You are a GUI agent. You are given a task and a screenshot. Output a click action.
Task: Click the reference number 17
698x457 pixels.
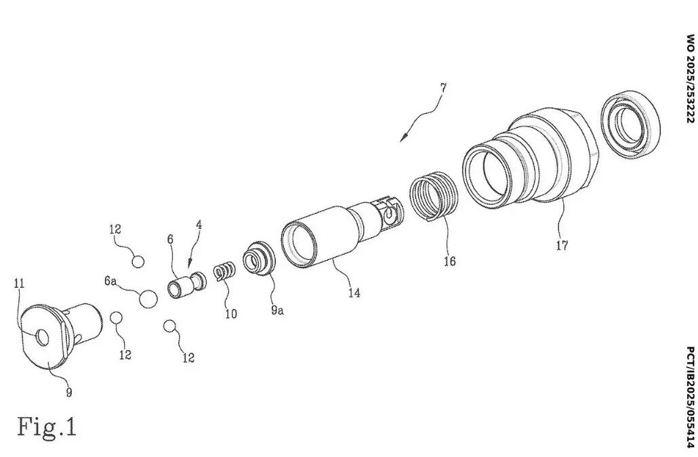[562, 245]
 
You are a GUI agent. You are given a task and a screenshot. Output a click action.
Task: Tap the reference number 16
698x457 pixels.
[449, 261]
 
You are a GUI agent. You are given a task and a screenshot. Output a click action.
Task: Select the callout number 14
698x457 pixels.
[354, 293]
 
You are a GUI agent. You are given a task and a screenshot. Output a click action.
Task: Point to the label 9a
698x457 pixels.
[277, 310]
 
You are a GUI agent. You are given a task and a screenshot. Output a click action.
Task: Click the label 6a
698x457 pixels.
[110, 281]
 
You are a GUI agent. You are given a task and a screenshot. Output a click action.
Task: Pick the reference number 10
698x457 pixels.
[230, 314]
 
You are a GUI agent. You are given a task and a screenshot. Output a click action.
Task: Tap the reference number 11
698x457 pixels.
[19, 283]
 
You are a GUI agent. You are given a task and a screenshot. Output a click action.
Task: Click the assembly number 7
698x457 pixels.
[443, 87]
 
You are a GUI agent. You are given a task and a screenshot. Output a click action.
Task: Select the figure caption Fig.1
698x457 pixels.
[47, 427]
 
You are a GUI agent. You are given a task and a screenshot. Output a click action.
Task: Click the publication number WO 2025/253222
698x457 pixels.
[690, 79]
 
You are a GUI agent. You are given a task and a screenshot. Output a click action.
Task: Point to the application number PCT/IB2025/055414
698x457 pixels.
[690, 397]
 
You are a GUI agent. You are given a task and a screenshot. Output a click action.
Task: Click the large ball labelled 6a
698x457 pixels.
[148, 299]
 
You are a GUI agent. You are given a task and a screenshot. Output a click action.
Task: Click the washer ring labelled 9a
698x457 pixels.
[259, 259]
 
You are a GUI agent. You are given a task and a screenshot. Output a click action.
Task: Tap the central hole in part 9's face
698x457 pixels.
[43, 338]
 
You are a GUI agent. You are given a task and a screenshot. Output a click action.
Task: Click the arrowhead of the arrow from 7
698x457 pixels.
[403, 137]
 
